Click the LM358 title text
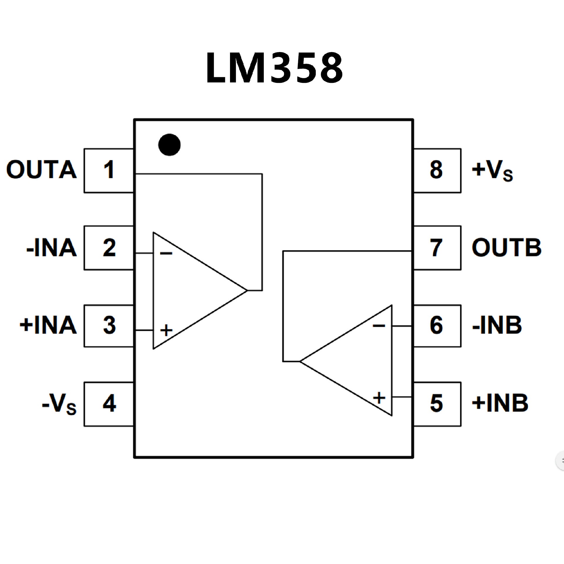(x=274, y=68)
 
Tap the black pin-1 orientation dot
(x=169, y=145)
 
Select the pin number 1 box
(x=109, y=170)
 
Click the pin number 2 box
(x=109, y=248)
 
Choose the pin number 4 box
(x=109, y=404)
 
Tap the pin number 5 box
(x=437, y=404)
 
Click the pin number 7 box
(x=437, y=248)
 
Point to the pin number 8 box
(x=437, y=170)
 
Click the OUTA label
(x=41, y=170)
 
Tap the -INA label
(x=51, y=248)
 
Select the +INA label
(x=48, y=325)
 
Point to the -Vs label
(x=59, y=404)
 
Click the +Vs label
(x=492, y=170)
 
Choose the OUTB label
(x=506, y=248)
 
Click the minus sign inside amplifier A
(x=166, y=253)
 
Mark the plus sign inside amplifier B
(x=379, y=398)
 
